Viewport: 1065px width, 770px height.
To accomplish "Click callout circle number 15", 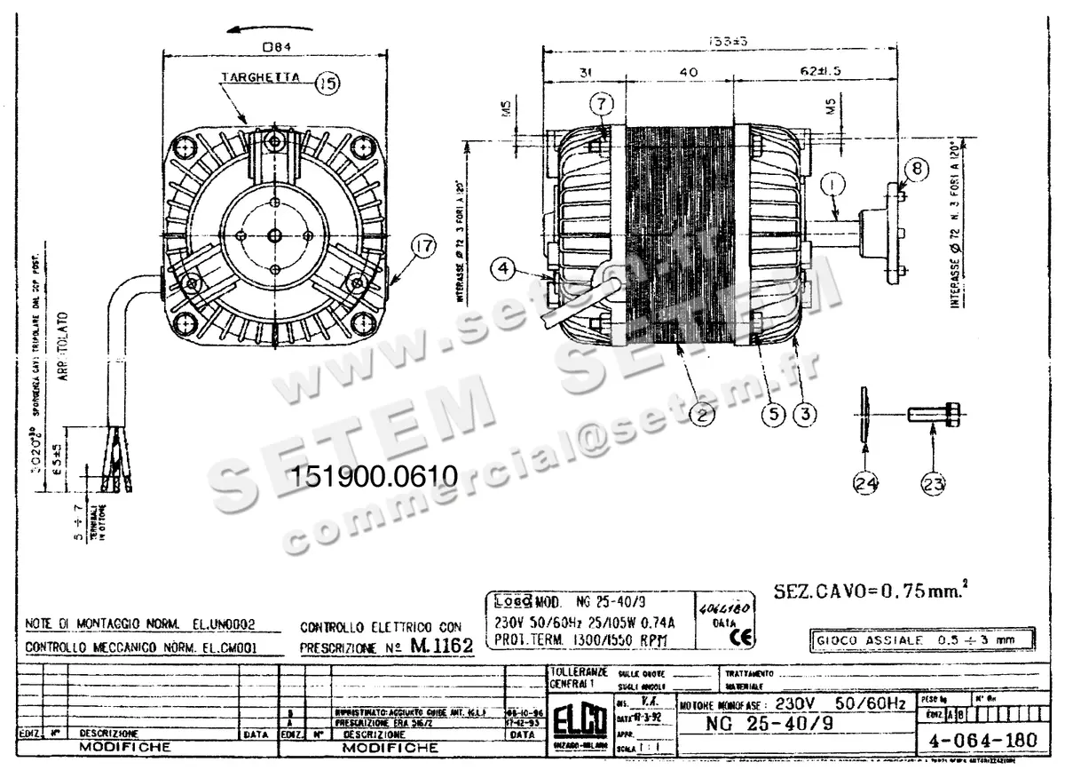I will pyautogui.click(x=327, y=83).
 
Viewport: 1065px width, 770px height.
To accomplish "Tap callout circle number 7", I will pyautogui.click(x=601, y=104).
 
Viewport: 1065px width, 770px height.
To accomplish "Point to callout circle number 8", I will pyautogui.click(x=917, y=168).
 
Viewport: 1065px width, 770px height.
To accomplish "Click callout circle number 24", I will pyautogui.click(x=865, y=483).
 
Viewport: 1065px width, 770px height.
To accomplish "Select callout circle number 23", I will pyautogui.click(x=933, y=483).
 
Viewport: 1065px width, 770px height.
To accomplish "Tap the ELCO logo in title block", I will pyautogui.click(x=579, y=717).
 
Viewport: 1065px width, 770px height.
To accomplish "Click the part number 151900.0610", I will pyautogui.click(x=373, y=476).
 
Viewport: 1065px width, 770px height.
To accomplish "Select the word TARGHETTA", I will pyautogui.click(x=261, y=78).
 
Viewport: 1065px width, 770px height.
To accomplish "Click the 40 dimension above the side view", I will pyautogui.click(x=688, y=72).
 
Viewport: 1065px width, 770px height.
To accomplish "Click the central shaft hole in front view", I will pyautogui.click(x=273, y=234).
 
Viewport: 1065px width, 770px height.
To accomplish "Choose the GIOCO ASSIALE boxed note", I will pyautogui.click(x=923, y=639).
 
